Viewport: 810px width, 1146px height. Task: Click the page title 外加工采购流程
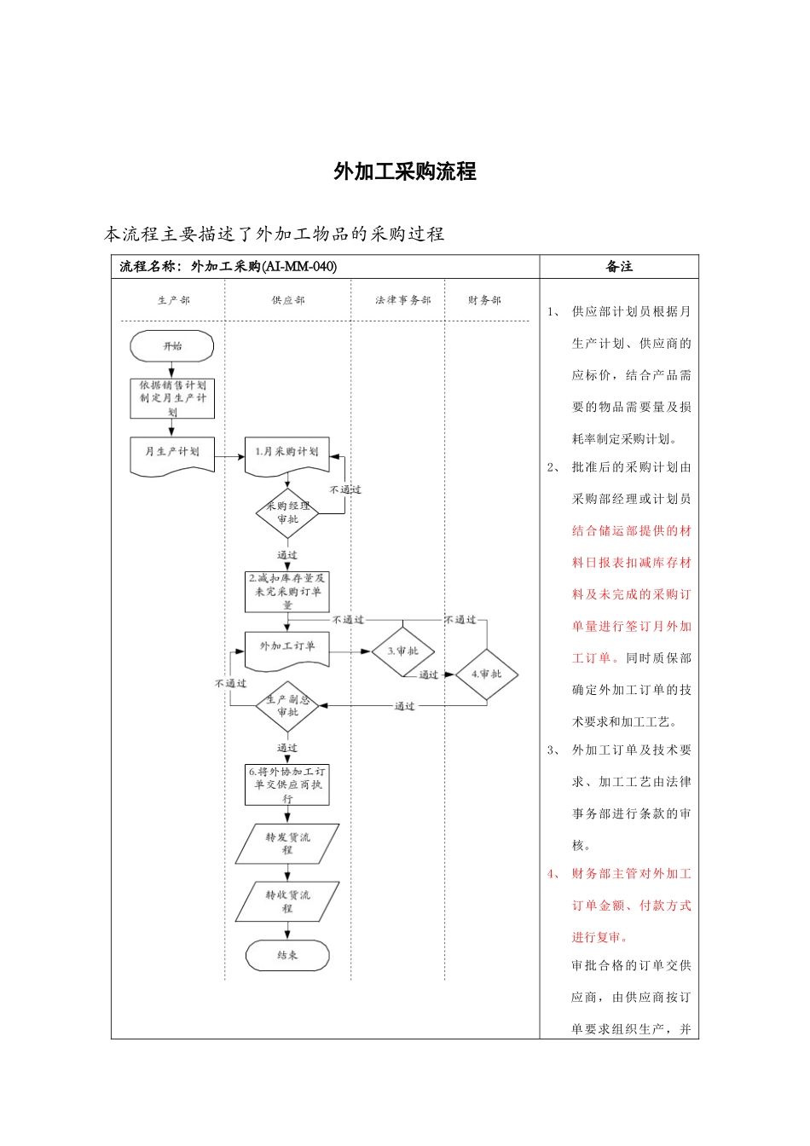tap(405, 171)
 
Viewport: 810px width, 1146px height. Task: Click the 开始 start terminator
tap(172, 346)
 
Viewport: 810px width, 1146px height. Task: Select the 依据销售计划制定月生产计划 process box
tap(172, 398)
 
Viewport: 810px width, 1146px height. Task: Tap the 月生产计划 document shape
tap(172, 454)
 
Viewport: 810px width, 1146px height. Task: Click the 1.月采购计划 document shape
tap(287, 453)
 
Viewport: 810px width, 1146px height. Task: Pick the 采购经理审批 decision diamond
tap(287, 512)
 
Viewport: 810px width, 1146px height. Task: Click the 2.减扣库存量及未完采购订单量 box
tap(287, 591)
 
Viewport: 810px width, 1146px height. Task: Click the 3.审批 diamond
tap(403, 651)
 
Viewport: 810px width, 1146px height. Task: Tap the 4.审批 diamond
tap(486, 674)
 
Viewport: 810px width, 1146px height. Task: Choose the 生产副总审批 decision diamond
tap(287, 706)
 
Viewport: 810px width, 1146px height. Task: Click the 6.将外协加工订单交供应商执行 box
tap(287, 784)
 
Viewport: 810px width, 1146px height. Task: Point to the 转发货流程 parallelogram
tap(287, 843)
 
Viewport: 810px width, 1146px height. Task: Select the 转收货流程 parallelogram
tap(287, 901)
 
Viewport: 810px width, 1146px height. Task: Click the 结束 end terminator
tap(287, 956)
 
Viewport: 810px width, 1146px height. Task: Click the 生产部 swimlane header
tap(173, 300)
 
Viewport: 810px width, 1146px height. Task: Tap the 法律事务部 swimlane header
tap(402, 300)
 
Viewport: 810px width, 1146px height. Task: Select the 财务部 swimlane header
tap(484, 300)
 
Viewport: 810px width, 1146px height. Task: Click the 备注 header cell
tap(619, 267)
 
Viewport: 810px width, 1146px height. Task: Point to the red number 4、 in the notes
tap(554, 874)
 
